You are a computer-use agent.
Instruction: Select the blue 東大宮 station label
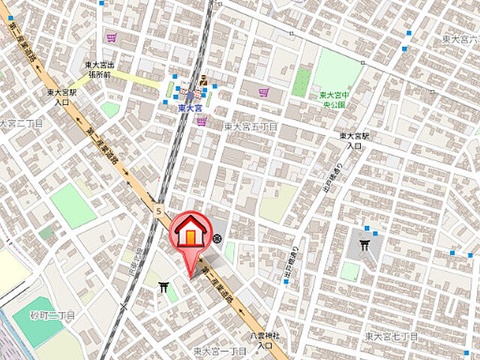tap(191, 109)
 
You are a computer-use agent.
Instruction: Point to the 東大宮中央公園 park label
tap(332, 100)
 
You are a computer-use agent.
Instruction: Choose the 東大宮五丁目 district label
tap(250, 127)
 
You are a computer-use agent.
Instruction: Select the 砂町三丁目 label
tap(52, 316)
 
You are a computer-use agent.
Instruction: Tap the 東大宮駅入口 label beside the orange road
tap(57, 97)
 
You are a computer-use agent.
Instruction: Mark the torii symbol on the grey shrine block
tap(365, 244)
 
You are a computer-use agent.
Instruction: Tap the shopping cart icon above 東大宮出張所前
tap(112, 36)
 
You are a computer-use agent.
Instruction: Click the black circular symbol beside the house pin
tap(217, 238)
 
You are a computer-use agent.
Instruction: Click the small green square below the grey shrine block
tap(349, 271)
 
